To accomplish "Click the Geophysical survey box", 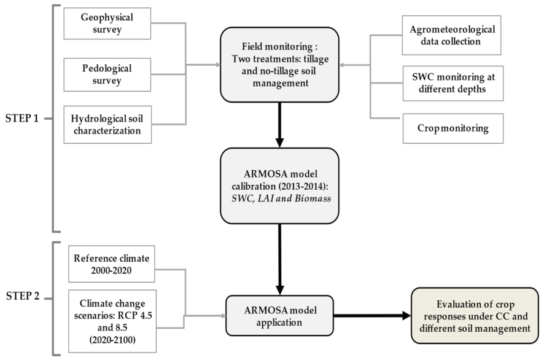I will [107, 24].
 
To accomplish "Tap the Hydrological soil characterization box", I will [107, 124].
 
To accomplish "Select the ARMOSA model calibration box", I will [279, 185].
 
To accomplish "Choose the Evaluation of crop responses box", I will [476, 316].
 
